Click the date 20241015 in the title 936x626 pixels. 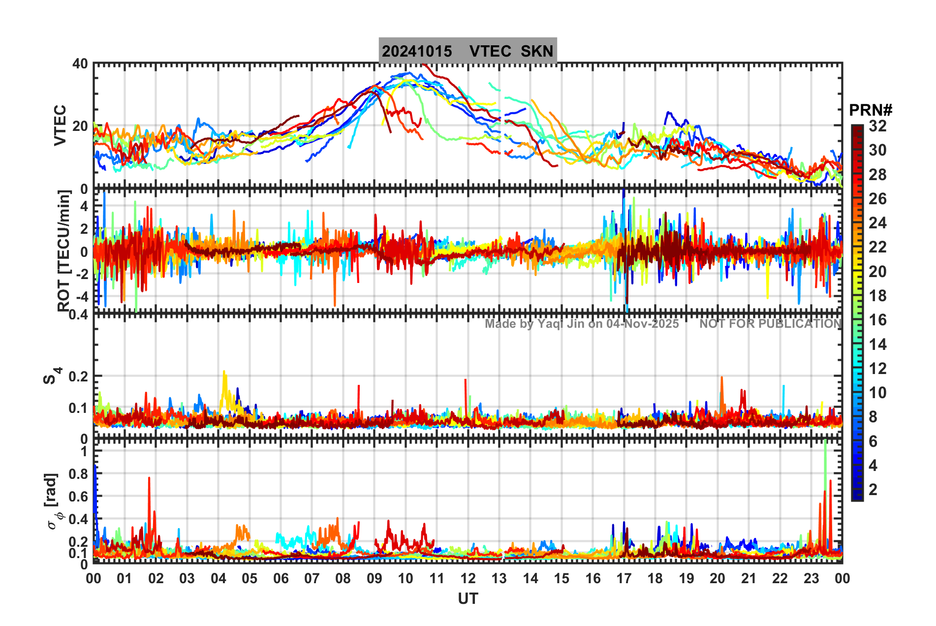(417, 51)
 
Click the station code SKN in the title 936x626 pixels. (537, 51)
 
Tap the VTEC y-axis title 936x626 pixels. (60, 125)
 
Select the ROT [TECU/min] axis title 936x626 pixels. (64, 251)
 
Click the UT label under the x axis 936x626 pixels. (468, 599)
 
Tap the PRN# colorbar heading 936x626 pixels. (871, 110)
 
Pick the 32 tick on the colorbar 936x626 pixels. (877, 126)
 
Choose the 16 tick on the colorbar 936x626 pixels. (877, 320)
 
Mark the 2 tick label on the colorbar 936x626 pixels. (873, 490)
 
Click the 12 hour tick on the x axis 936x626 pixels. (468, 578)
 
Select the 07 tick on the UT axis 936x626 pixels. (312, 578)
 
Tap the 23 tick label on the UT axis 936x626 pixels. (811, 578)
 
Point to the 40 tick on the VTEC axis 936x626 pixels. (80, 64)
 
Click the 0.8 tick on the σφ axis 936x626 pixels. (78, 474)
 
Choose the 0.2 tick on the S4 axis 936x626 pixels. (78, 376)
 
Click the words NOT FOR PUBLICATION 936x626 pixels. (770, 324)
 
